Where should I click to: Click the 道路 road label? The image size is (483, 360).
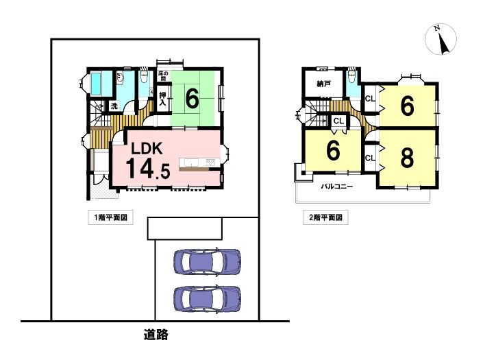pyautogui.click(x=156, y=335)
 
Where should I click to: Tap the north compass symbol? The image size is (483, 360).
pyautogui.click(x=441, y=40)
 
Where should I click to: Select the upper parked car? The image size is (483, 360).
pyautogui.click(x=207, y=261)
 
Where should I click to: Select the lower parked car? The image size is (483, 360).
pyautogui.click(x=207, y=299)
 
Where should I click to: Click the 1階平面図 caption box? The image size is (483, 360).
pyautogui.click(x=110, y=217)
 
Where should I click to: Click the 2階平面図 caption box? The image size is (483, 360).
pyautogui.click(x=325, y=217)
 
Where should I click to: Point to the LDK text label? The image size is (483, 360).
pyautogui.click(x=147, y=149)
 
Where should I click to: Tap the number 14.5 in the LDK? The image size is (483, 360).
pyautogui.click(x=148, y=168)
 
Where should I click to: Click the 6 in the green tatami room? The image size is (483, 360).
pyautogui.click(x=192, y=99)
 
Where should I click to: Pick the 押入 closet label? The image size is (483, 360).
pyautogui.click(x=162, y=99)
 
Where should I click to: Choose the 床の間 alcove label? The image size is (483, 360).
pyautogui.click(x=163, y=76)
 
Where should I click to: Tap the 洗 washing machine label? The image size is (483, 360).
pyautogui.click(x=114, y=106)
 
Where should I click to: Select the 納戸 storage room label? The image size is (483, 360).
pyautogui.click(x=324, y=84)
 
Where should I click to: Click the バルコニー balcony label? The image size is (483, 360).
pyautogui.click(x=337, y=187)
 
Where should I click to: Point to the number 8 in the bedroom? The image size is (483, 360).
pyautogui.click(x=407, y=158)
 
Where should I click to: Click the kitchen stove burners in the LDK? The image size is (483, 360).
pyautogui.click(x=211, y=162)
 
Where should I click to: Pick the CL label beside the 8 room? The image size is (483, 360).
pyautogui.click(x=370, y=158)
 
